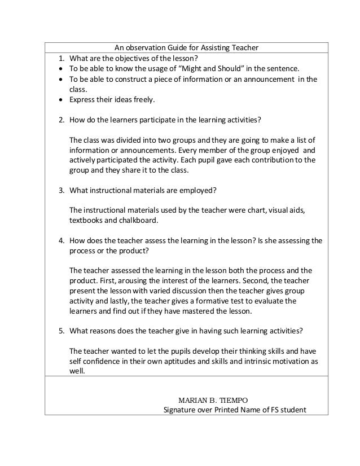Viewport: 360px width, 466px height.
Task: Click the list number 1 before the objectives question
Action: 60,57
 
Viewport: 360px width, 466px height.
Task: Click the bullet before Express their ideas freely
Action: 60,100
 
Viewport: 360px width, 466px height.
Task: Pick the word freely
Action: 141,100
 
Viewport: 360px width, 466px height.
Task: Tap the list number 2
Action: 60,120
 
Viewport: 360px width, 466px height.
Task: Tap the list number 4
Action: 60,240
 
